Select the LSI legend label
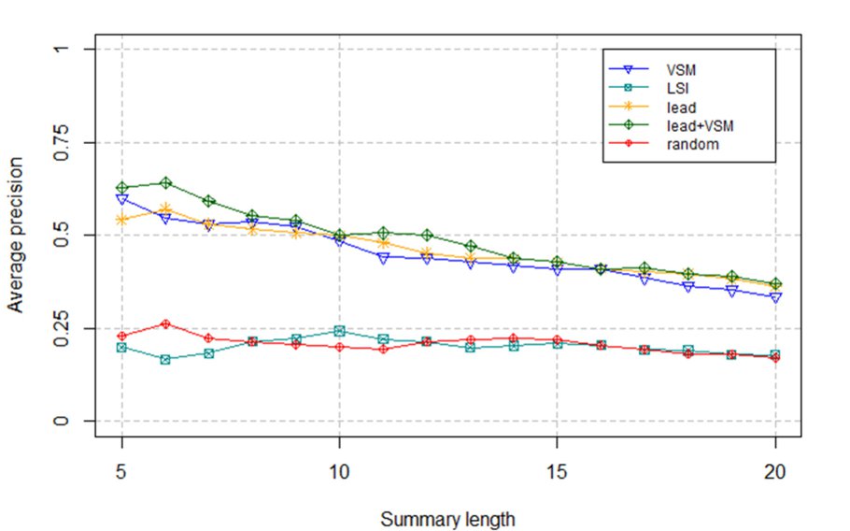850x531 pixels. [679, 88]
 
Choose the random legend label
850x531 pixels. [689, 145]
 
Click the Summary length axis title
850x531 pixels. [447, 516]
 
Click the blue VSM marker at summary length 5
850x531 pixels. [121, 199]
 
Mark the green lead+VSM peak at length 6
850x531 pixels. [165, 183]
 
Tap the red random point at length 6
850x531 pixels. [165, 323]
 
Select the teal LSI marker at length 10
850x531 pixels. [339, 331]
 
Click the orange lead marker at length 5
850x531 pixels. [121, 220]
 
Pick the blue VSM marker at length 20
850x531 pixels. [775, 297]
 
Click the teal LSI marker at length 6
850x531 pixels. [165, 359]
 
